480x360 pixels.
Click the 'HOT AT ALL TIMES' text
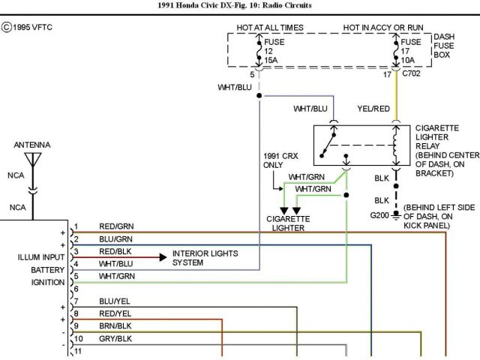tap(270, 27)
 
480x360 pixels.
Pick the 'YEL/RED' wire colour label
tap(373, 109)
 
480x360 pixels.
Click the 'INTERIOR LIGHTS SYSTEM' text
tap(205, 258)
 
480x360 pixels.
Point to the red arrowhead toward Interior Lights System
tap(162, 256)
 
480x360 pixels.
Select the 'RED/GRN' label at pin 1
tap(115, 226)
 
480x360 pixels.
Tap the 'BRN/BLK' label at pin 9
tap(115, 326)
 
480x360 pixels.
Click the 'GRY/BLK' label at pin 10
tap(115, 339)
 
